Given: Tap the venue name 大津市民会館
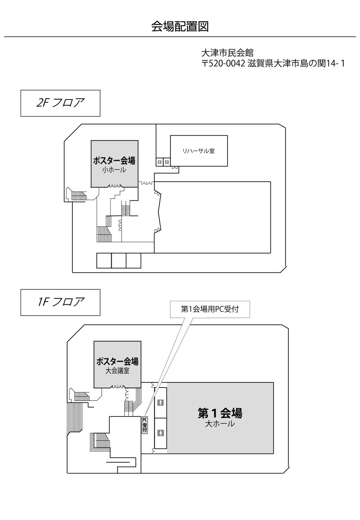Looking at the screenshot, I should point(227,52).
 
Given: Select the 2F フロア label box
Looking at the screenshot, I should point(60,103).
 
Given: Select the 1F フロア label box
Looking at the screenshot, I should point(60,302).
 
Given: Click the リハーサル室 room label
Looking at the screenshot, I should point(199,151).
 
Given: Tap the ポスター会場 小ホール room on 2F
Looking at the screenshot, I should point(114,164).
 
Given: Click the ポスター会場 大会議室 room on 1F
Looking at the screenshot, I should point(118,364).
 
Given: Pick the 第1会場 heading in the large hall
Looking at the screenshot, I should point(220,412).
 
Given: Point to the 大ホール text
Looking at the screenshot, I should point(220,424).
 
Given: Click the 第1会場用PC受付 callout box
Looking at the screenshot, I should point(210,309).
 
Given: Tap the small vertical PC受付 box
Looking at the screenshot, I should point(145,425).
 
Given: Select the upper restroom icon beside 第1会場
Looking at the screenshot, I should point(160,402).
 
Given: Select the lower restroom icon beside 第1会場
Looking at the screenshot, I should point(160,433).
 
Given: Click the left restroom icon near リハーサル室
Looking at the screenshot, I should point(160,162).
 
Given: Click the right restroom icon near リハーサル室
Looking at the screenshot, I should point(167,162).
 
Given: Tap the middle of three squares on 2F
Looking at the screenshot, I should point(119,260).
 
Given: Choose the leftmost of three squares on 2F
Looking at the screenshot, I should point(104,260).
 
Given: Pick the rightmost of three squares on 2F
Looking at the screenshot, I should point(134,260).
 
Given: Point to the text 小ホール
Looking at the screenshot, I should point(114,170).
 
